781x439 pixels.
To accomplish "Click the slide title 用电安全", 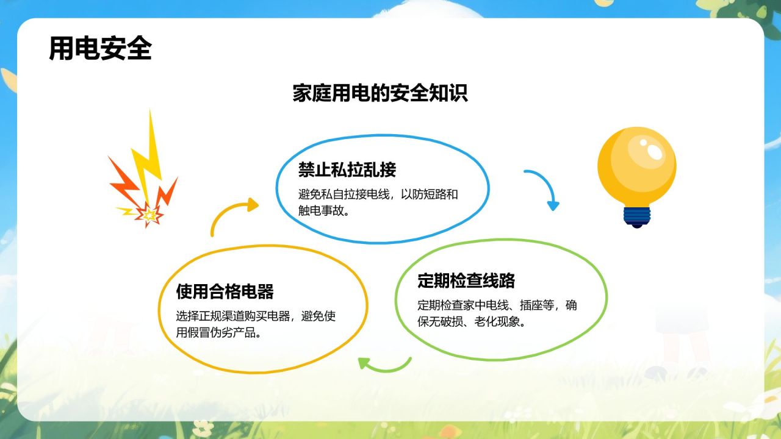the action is coord(101,48).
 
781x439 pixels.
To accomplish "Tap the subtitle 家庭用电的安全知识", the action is coord(380,93).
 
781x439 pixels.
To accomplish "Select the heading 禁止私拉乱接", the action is coord(347,170).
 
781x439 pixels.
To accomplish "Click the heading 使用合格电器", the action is coord(225,291).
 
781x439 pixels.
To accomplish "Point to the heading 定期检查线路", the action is coord(466,280).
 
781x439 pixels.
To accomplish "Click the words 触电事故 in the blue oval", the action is coord(321,210).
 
